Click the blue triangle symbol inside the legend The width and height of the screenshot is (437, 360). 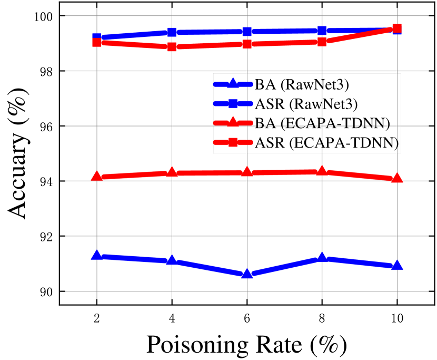233,84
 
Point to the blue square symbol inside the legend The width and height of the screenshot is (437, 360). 233,104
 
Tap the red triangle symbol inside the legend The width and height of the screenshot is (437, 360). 233,123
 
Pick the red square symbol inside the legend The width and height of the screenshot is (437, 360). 233,143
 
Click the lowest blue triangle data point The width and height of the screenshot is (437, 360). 247,274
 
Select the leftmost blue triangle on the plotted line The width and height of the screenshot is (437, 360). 97,256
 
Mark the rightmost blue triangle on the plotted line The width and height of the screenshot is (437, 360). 397,265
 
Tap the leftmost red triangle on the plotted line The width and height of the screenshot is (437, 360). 97,177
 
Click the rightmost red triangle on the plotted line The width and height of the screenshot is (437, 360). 397,178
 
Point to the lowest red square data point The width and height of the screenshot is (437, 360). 172,47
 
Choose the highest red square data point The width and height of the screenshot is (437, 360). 397,28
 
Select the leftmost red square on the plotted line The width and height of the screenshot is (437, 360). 97,42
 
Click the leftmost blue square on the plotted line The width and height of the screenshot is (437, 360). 97,37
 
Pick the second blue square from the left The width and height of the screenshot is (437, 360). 172,32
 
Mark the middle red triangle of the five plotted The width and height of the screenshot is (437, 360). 247,172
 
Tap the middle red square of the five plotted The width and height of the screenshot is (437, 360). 247,44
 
